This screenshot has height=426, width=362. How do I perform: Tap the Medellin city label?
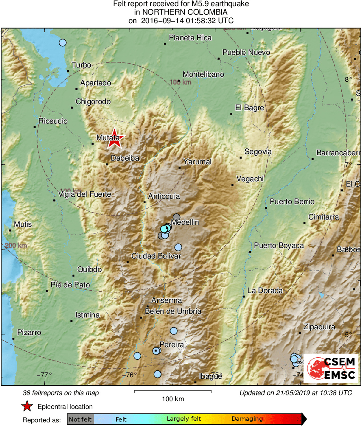click(x=185, y=222)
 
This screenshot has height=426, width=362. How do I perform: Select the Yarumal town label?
click(x=197, y=162)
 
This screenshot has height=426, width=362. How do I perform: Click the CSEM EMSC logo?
click(x=331, y=368)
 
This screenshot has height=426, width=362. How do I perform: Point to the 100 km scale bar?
click(x=173, y=391)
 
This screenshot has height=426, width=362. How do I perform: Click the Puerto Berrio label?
click(x=292, y=202)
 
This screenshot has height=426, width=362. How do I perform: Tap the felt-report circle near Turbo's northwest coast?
click(x=63, y=42)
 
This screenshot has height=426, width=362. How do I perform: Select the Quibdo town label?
click(x=89, y=270)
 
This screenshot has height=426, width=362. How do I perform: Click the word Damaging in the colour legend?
click(x=247, y=419)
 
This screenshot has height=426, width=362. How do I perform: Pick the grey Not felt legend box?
click(x=80, y=419)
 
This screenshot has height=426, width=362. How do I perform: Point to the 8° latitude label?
click(x=348, y=79)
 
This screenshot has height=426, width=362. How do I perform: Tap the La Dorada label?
click(x=265, y=291)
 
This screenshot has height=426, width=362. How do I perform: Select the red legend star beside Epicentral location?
click(x=27, y=406)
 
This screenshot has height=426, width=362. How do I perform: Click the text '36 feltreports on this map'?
click(x=61, y=393)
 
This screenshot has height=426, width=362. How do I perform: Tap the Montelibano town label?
click(x=203, y=74)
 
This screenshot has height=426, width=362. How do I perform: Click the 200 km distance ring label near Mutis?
click(x=16, y=246)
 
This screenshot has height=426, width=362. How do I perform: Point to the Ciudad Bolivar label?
click(x=156, y=256)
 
